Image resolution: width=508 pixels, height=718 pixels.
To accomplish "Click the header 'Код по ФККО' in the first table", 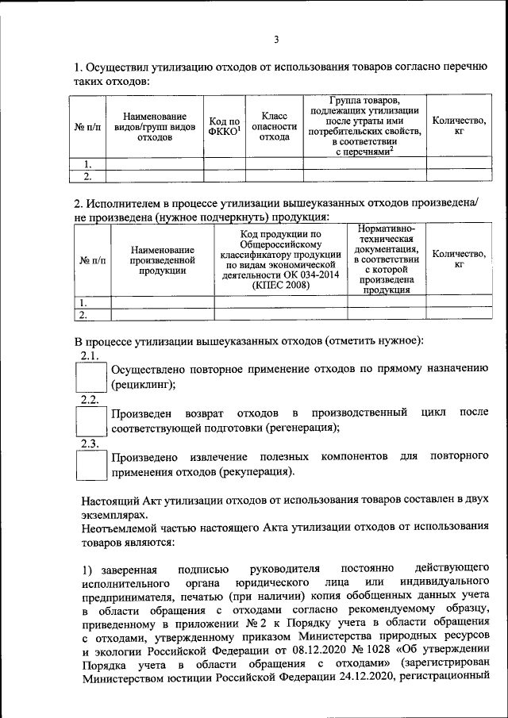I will (225, 126).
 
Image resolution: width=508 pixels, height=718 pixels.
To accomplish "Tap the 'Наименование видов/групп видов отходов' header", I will (155, 126).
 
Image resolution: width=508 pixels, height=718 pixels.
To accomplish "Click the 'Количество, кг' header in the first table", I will (458, 126).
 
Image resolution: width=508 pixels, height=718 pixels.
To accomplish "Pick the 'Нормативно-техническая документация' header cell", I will (387, 259).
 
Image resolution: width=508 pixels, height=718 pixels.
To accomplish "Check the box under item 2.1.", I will (90, 377).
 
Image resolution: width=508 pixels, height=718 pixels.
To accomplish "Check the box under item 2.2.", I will (90, 420).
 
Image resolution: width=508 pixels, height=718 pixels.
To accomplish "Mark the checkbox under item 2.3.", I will (90, 464).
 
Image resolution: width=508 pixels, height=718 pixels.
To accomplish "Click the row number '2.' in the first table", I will (88, 176).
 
